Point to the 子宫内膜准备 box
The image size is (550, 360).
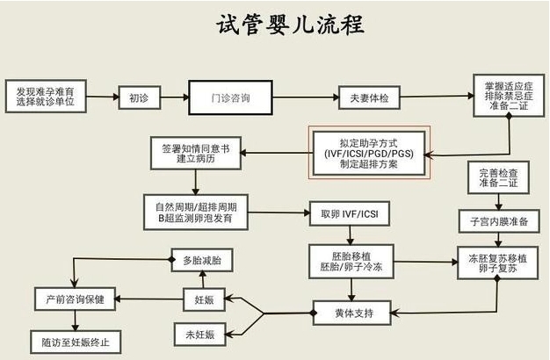coord(499,221)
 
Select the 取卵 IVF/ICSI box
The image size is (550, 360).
coord(345,212)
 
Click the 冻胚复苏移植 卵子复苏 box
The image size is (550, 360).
coord(499,261)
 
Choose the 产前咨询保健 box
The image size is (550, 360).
coord(75,299)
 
